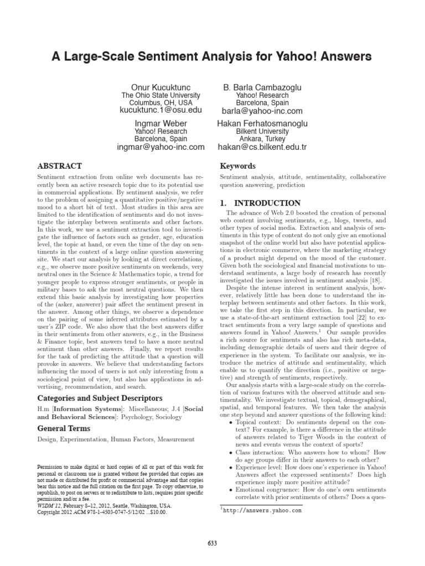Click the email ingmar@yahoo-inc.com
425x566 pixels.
161,147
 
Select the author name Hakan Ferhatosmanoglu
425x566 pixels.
262,123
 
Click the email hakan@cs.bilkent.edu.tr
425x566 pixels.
262,147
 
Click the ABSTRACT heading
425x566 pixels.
59,166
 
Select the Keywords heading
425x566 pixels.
238,166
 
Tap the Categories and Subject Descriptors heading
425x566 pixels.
99,398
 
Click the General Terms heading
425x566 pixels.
64,428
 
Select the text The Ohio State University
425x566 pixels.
161,96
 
